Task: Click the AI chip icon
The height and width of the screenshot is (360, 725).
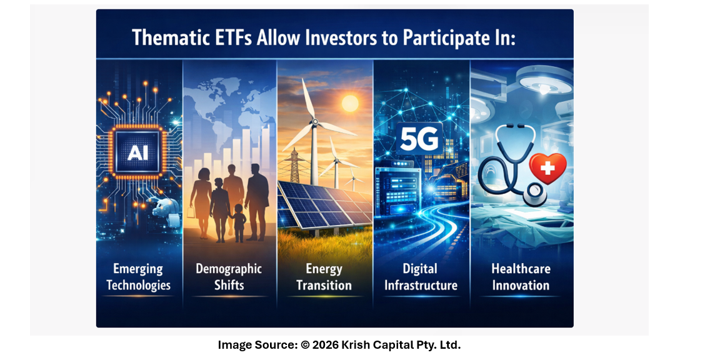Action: (137, 152)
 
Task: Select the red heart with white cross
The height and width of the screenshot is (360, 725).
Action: (547, 167)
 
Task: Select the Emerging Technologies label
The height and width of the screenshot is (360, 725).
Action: (139, 276)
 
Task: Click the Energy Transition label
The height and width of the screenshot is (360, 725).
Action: (324, 276)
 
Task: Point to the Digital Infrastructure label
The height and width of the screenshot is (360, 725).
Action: (421, 276)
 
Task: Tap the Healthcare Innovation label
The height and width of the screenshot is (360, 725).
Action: (521, 276)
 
